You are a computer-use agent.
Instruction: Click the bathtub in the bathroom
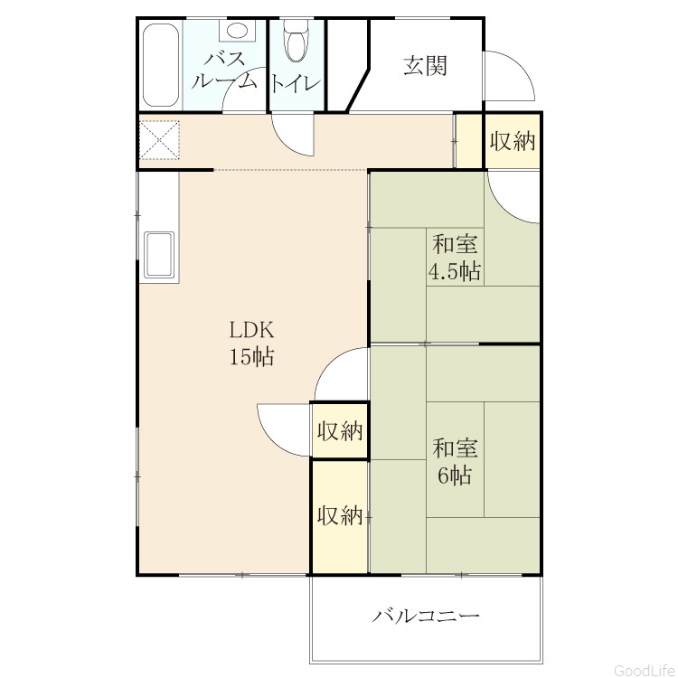click(160, 65)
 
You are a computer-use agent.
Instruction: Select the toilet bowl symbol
click(297, 40)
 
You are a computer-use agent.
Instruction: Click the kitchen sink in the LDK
click(159, 256)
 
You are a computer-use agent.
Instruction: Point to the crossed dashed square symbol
click(159, 140)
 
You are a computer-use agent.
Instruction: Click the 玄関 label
click(425, 66)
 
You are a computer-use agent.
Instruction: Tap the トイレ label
click(296, 83)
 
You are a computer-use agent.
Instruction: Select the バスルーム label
click(224, 70)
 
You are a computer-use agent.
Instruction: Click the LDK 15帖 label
click(251, 344)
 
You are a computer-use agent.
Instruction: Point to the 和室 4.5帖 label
click(455, 259)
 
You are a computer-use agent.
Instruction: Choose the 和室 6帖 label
click(455, 461)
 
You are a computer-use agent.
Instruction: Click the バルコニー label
click(426, 616)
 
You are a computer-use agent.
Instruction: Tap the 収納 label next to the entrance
click(513, 141)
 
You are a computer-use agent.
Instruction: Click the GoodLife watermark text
click(645, 670)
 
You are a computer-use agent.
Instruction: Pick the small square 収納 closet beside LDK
click(339, 430)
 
